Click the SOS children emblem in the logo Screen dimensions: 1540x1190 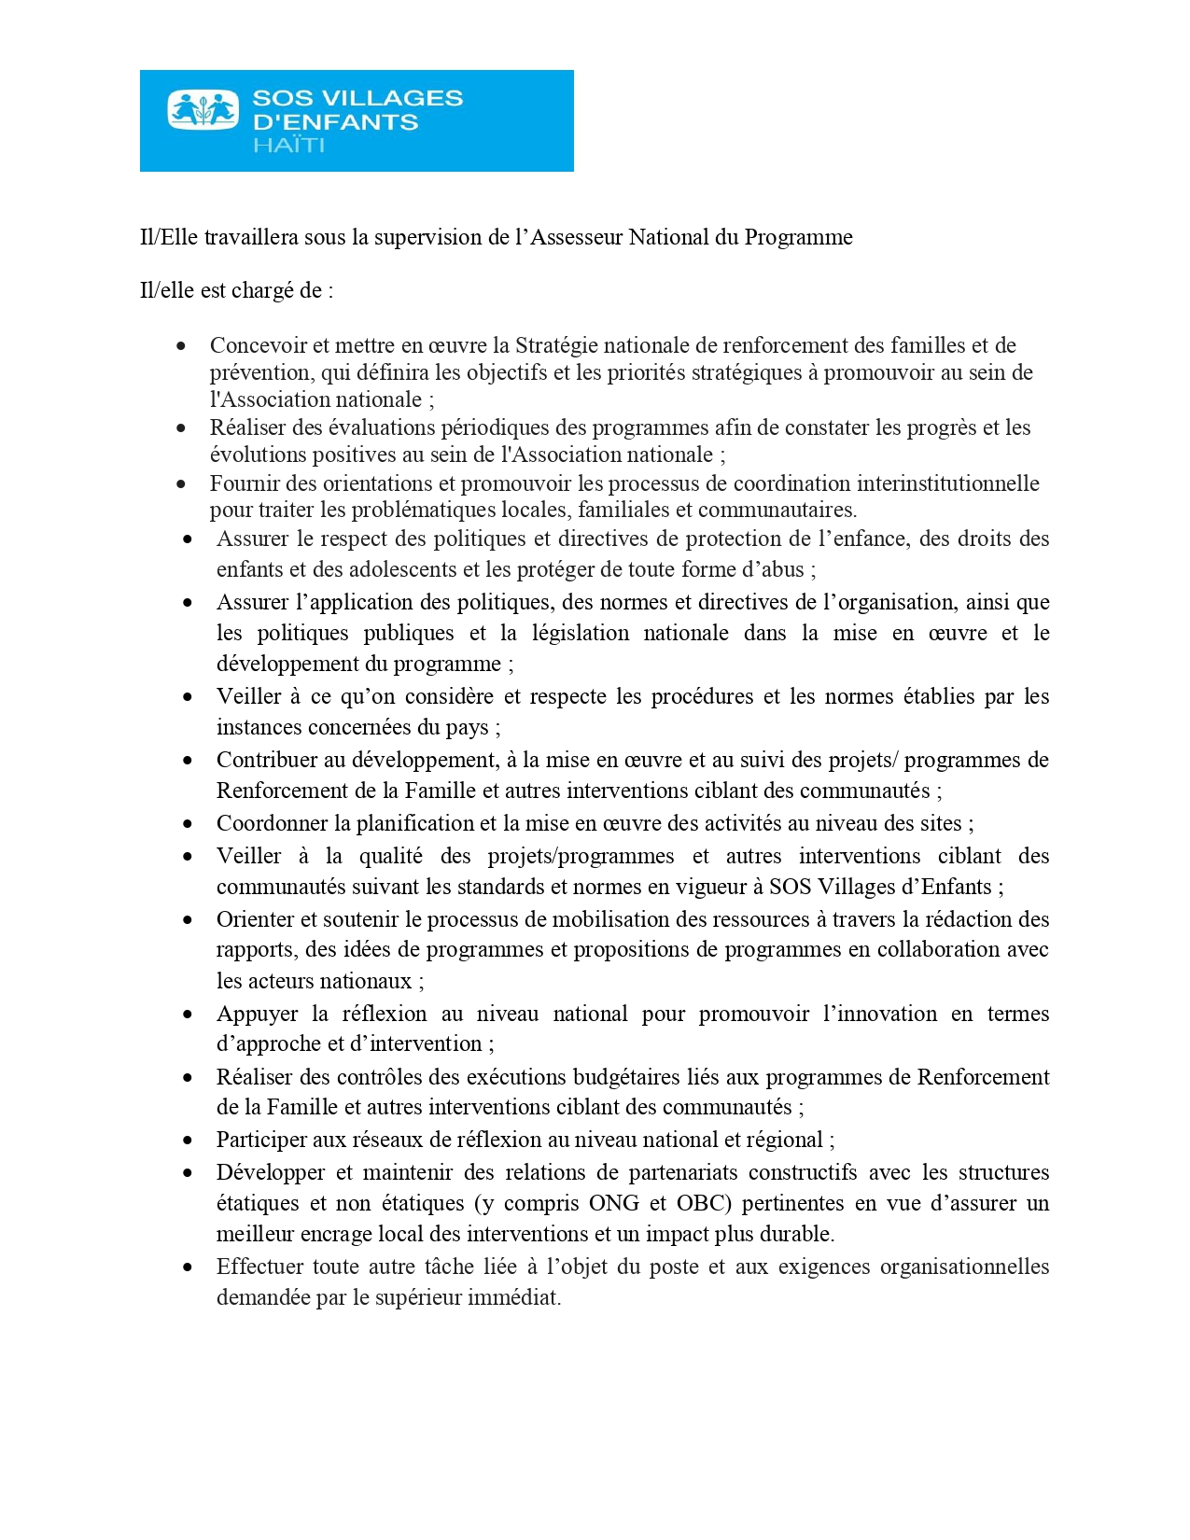click(x=203, y=109)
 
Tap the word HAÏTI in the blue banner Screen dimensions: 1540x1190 click(x=288, y=146)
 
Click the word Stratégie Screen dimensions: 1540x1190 click(x=557, y=345)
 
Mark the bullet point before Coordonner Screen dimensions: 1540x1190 click(x=189, y=824)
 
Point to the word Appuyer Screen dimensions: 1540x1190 click(x=254, y=1014)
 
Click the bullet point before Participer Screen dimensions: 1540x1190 click(x=189, y=1141)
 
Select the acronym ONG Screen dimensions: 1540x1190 click(x=613, y=1203)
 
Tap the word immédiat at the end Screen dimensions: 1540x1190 click(x=518, y=1297)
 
